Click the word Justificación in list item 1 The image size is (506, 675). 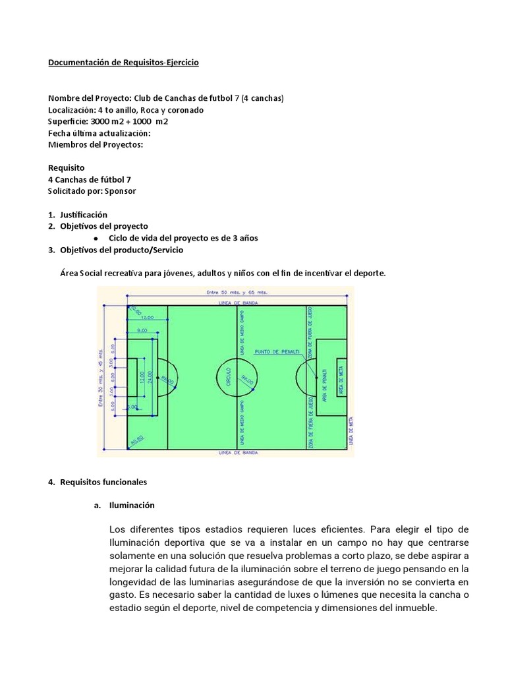pos(83,215)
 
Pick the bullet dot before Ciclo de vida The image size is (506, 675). pos(96,238)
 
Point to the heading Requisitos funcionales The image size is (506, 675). pos(103,482)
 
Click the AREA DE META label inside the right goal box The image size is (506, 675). pos(341,378)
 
